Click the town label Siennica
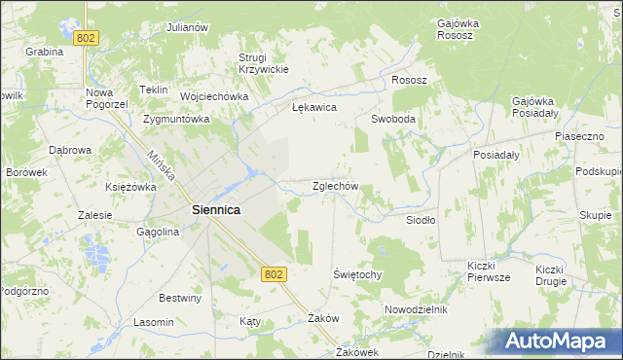click(216, 209)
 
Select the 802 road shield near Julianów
click(86, 37)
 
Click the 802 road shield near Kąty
click(274, 275)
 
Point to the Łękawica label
click(313, 108)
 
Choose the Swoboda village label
click(393, 119)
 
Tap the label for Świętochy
click(357, 274)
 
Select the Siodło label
click(421, 220)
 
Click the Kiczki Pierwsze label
click(489, 271)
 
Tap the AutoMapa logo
click(556, 341)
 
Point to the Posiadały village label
click(496, 155)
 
